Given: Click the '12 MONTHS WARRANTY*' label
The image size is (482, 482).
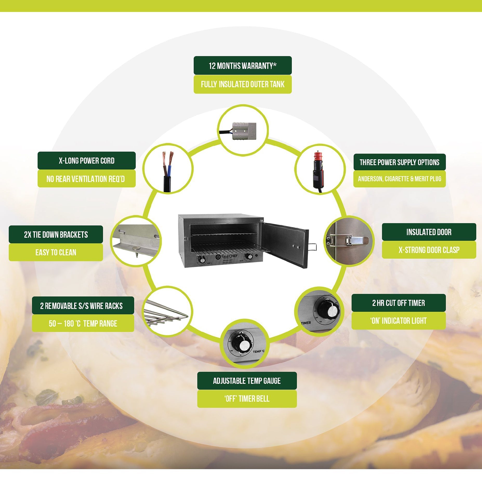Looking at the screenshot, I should click(x=242, y=65).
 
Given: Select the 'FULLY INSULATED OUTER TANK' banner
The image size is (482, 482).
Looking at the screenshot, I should click(x=242, y=84).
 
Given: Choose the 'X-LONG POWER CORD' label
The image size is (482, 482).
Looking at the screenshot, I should click(x=87, y=161).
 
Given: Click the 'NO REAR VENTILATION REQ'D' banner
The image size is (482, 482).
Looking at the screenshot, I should click(x=87, y=179).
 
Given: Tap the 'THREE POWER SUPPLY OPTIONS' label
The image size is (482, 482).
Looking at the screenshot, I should click(x=399, y=162).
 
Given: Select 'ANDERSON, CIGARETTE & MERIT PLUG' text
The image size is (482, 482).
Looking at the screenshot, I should click(x=399, y=179).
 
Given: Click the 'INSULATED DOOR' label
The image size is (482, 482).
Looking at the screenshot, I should click(x=429, y=232).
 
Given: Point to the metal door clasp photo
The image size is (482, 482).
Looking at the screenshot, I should click(x=348, y=241).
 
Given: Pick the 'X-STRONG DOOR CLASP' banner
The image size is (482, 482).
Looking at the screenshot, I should click(x=429, y=250).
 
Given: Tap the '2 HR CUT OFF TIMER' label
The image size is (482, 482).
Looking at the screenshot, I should click(x=398, y=303).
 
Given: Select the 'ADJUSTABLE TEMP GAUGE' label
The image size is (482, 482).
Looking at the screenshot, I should click(x=247, y=381).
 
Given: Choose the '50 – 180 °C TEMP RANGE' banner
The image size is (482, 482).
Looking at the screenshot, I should click(x=83, y=323).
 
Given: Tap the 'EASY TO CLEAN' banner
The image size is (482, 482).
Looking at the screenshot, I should click(x=56, y=252).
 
